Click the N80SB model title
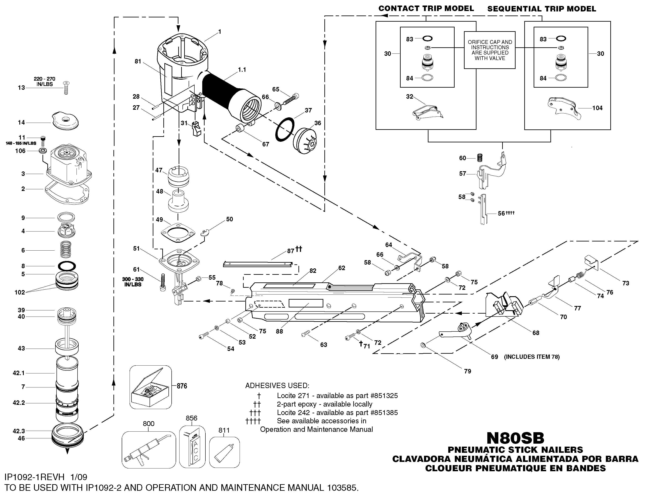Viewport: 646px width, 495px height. (515, 438)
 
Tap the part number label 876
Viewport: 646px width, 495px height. (182, 386)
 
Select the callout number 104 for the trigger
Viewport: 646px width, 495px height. (597, 108)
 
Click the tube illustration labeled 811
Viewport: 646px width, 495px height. (224, 452)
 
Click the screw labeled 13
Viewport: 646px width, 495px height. (66, 88)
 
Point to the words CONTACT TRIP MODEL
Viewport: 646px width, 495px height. (426, 8)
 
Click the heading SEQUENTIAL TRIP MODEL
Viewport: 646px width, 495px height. (541, 9)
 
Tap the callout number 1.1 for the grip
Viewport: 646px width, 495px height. (242, 70)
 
